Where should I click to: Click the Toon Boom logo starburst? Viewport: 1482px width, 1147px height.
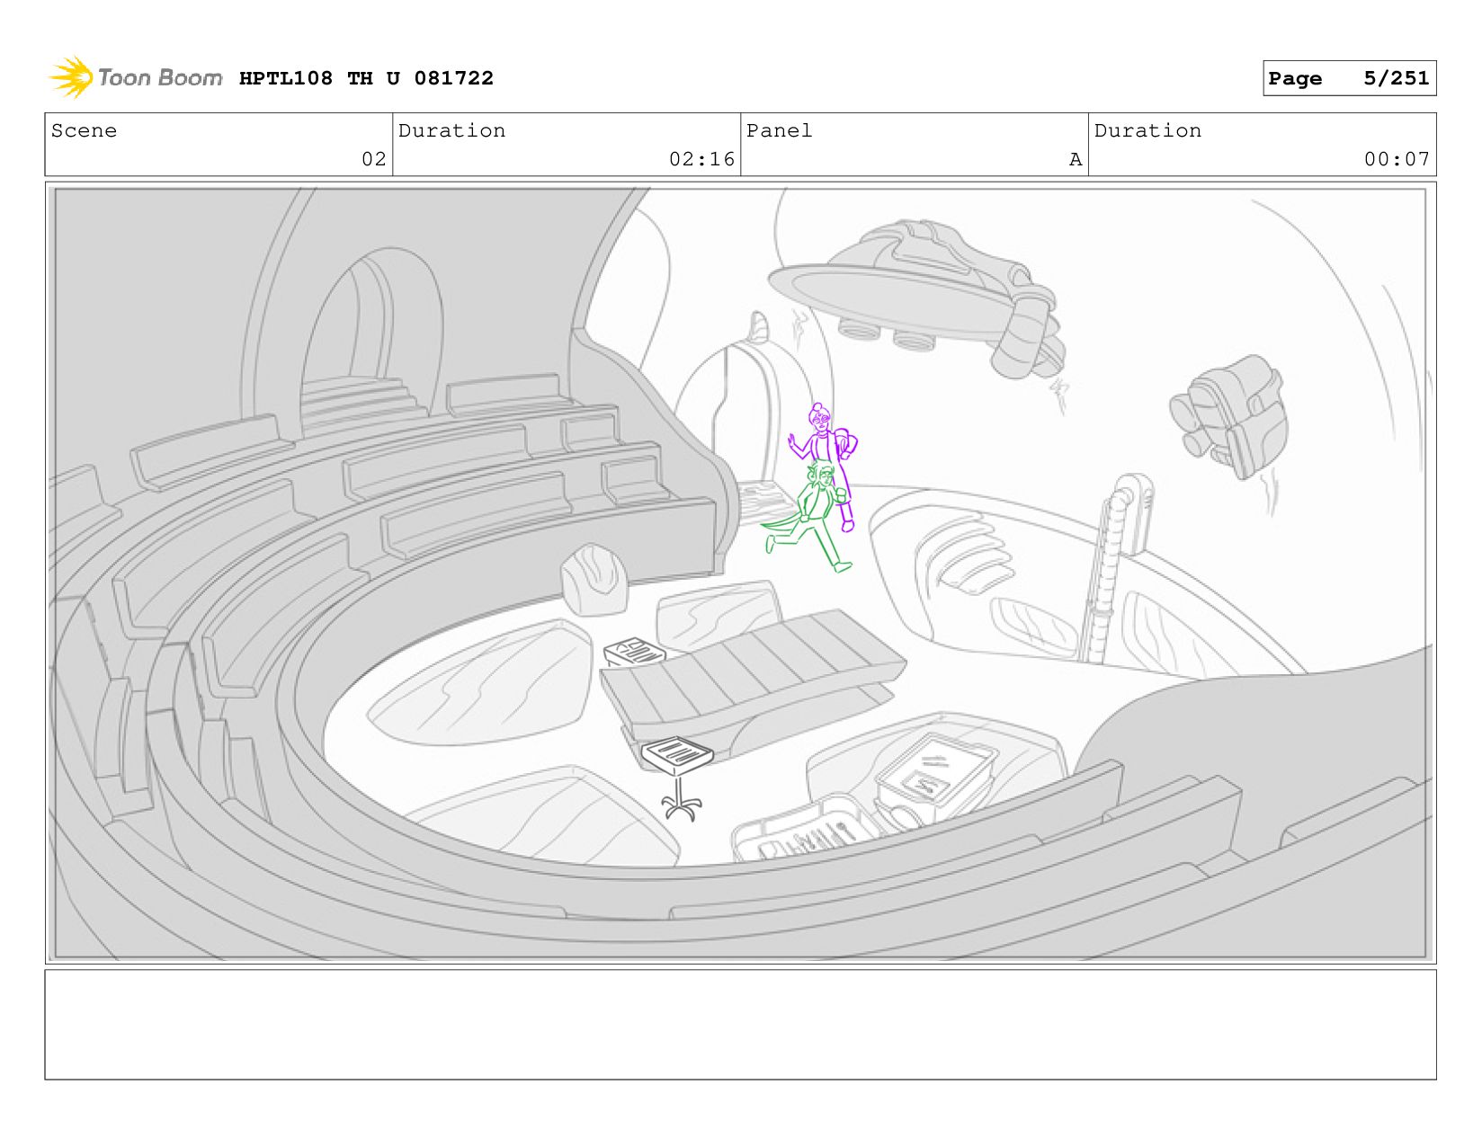[x=71, y=77]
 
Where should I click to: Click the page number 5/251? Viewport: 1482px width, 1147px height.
[x=1396, y=78]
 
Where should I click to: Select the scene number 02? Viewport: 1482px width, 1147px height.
[x=374, y=159]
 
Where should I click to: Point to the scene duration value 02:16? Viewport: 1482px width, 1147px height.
[x=701, y=159]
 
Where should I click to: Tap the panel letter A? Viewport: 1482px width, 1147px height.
[x=1076, y=159]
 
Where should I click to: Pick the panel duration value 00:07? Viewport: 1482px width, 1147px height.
[x=1397, y=159]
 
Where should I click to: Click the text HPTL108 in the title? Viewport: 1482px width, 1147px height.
[x=286, y=78]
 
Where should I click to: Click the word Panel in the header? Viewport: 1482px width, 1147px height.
[x=779, y=131]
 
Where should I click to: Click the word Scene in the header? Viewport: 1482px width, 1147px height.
[x=84, y=131]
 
